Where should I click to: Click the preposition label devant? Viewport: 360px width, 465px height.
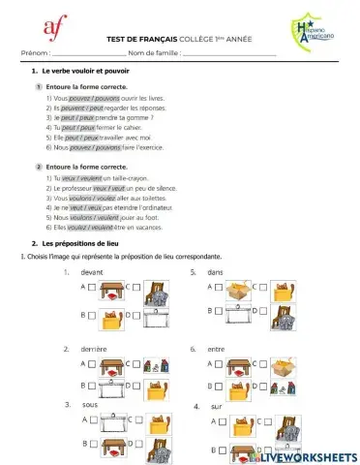pyautogui.click(x=93, y=273)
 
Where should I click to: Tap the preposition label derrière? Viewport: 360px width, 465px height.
pyautogui.click(x=93, y=349)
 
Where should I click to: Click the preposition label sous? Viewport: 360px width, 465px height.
pyautogui.click(x=87, y=403)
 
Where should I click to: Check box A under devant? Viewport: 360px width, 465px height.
pyautogui.click(x=91, y=288)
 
